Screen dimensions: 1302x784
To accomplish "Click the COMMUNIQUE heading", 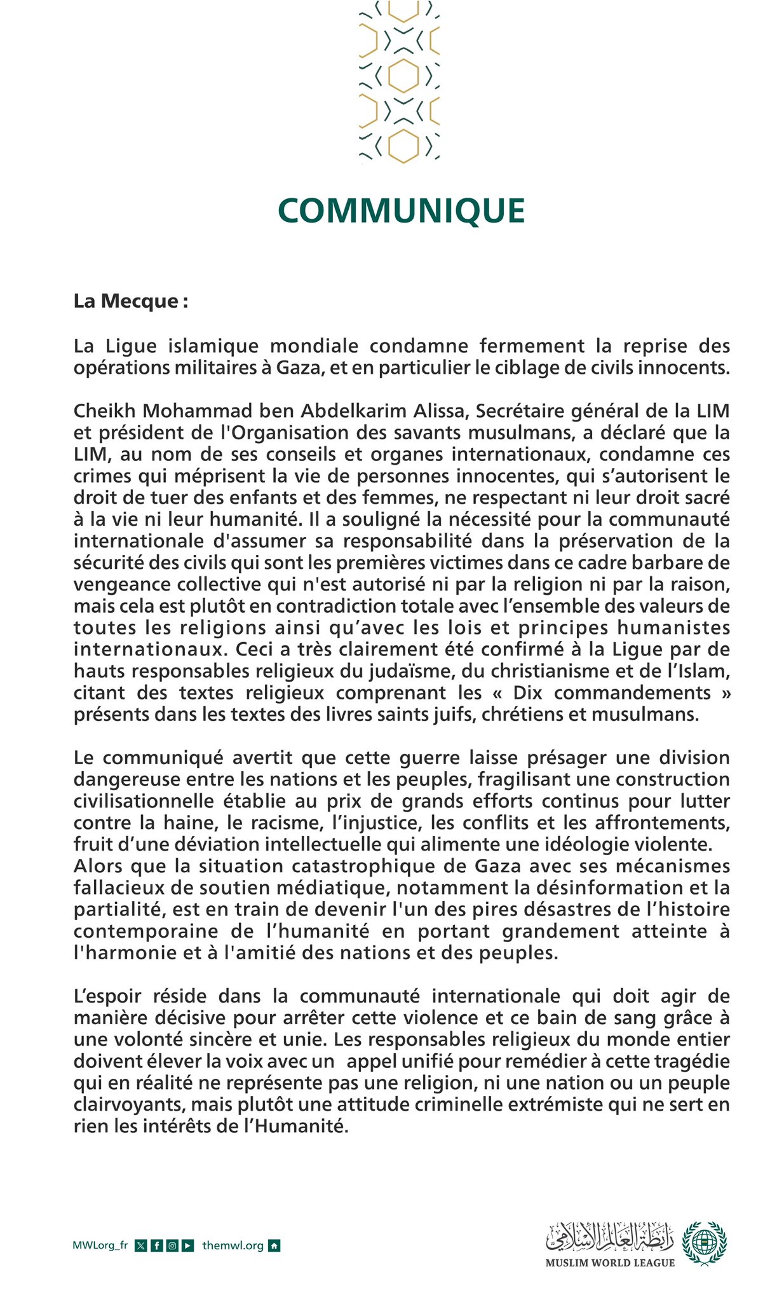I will [x=401, y=210].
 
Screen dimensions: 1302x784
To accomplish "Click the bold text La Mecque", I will [x=130, y=301].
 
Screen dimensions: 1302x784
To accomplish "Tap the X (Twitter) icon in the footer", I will [x=141, y=1245].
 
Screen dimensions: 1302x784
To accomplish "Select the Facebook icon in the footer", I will [x=156, y=1245].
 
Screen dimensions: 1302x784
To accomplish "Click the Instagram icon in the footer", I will [x=172, y=1245].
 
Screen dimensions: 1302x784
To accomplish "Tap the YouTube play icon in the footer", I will [x=187, y=1245].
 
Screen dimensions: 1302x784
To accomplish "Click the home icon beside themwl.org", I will [x=274, y=1245].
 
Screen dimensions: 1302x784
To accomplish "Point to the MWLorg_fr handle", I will [x=100, y=1245].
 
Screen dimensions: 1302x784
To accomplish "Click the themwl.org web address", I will [x=233, y=1245].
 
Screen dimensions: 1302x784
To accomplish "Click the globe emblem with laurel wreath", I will [x=704, y=1242].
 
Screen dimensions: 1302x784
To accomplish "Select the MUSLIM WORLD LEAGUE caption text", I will [x=610, y=1263].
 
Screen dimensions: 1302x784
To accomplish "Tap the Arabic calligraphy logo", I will [x=610, y=1237].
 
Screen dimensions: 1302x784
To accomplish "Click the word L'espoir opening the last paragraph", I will [x=107, y=996].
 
